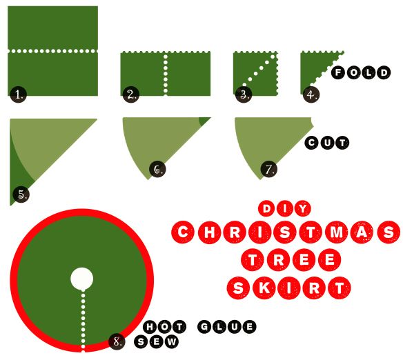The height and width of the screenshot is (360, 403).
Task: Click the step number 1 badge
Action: pos(19,94)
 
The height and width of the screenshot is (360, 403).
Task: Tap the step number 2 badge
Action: pos(131,94)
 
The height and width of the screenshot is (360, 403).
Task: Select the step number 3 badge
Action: pos(244,94)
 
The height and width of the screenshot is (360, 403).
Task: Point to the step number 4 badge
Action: pos(311,94)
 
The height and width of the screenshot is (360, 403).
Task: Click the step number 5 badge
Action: pos(21,194)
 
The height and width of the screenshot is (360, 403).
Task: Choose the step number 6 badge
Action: pos(157,169)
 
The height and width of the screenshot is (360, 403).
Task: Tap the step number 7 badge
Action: pos(269,169)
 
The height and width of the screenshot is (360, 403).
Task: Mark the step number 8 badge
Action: pos(117,341)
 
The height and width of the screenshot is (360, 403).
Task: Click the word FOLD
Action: pos(361,72)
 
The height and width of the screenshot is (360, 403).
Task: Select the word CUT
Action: pos(327,143)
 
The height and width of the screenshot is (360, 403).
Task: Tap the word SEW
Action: pos(157,342)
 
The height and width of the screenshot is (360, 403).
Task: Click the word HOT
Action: pos(164,327)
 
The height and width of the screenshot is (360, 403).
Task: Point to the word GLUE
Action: pos(227,327)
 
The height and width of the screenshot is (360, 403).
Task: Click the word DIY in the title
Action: pos(285,208)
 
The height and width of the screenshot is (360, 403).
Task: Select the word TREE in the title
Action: pos(291,259)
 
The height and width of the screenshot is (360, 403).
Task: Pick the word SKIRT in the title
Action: pos(288,288)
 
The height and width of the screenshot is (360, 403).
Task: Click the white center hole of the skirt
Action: pos(81,279)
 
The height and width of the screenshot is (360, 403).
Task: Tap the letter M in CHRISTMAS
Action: pos(337,232)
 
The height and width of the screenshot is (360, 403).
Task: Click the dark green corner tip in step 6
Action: pos(204,121)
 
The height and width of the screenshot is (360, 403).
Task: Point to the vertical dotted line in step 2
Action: pos(166,74)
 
